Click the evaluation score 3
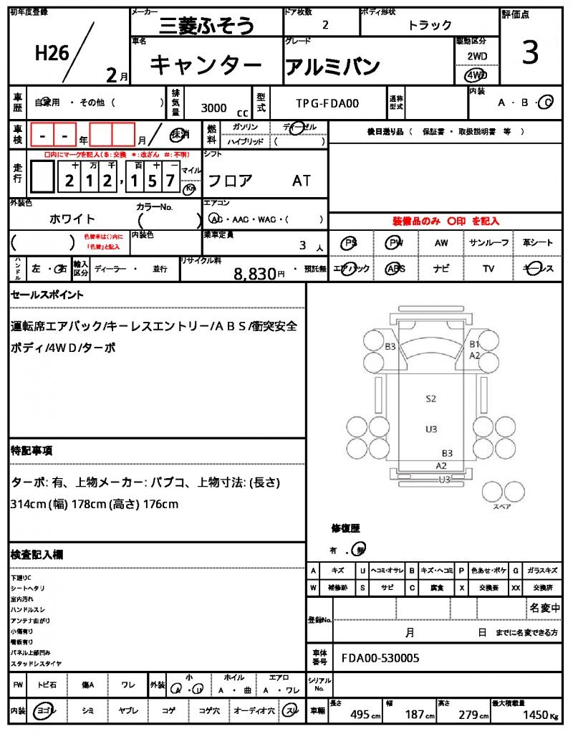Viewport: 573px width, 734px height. coord(530,54)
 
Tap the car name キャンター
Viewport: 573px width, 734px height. coord(206,65)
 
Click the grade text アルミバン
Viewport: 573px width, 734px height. coord(332,66)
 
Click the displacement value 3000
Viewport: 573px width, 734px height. coord(214,108)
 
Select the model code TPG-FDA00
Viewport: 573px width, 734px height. coord(327,103)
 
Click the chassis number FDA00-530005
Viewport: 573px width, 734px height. coord(380,658)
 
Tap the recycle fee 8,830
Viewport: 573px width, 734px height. coord(255,273)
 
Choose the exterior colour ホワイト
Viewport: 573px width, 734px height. coord(72,219)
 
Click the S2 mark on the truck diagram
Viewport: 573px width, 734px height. coord(431,399)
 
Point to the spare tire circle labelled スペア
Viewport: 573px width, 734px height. coord(501,492)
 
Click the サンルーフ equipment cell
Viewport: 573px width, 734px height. coord(488,243)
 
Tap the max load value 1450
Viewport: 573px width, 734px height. coord(534,715)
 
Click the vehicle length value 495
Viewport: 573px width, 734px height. coord(360,715)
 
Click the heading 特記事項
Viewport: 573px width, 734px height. coord(31,451)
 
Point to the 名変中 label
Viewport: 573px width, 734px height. coord(544,608)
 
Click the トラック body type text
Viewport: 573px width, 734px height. coord(430,25)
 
